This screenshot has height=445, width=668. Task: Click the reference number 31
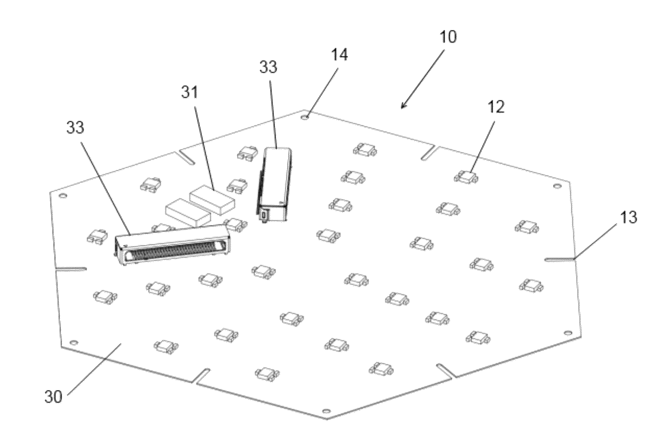189,93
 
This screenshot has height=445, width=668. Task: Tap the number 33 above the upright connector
268,67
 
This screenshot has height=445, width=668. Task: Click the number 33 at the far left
75,127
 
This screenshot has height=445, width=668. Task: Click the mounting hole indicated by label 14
305,117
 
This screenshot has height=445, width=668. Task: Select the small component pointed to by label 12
466,178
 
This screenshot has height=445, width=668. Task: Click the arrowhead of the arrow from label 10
402,108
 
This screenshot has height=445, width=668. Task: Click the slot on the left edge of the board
71,269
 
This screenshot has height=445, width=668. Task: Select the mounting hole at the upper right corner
557,186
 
